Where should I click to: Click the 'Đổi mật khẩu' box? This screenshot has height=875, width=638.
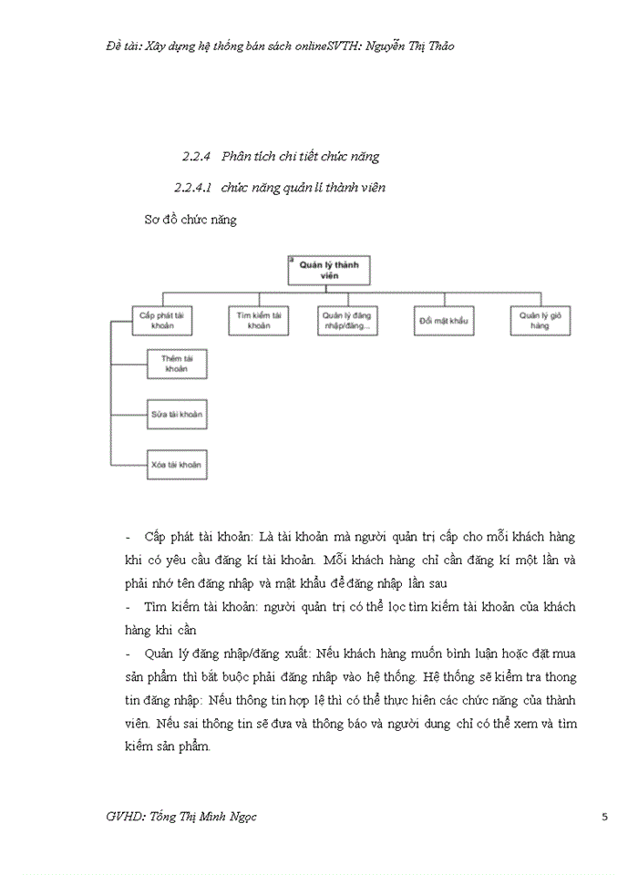(x=442, y=321)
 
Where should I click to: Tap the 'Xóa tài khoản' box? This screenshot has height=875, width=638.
(x=176, y=465)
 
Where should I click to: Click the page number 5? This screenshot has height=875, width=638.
(x=605, y=817)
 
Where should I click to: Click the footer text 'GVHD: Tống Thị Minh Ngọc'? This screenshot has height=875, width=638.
(x=181, y=817)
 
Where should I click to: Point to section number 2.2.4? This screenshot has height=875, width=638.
(x=197, y=156)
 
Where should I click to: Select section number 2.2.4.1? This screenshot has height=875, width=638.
(x=192, y=188)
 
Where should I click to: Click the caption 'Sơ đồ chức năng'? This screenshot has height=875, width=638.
(x=190, y=220)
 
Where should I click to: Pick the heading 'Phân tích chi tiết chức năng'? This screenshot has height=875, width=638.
(x=300, y=156)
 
